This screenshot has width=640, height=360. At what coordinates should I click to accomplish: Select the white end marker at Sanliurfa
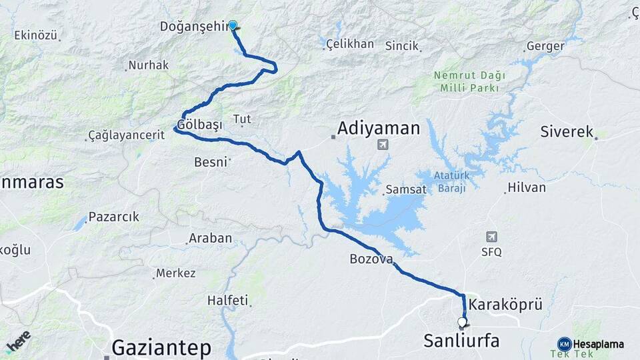462,323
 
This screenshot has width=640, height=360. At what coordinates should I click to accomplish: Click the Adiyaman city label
379,128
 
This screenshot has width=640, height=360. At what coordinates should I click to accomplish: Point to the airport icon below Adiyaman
383,145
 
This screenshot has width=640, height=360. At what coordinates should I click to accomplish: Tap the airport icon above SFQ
492,237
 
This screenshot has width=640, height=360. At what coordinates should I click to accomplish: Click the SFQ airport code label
491,252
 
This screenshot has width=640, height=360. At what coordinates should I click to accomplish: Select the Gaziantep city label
161,347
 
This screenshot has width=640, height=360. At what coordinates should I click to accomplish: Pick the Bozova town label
371,259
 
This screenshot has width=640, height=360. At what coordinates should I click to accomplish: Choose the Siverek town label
567,132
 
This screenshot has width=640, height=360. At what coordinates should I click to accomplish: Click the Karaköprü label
505,305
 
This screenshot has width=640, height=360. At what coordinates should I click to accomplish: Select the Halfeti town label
227,300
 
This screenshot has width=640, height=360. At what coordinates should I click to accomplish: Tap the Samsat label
405,189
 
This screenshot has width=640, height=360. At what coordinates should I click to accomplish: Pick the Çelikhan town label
350,44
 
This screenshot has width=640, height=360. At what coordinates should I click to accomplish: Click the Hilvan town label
527,187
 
